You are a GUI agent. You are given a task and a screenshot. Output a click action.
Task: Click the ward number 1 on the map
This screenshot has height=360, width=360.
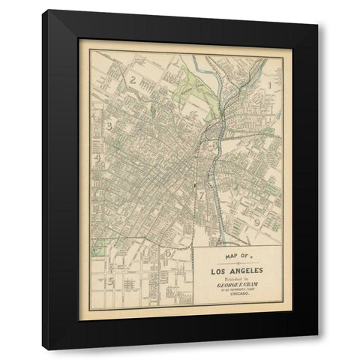tap(268, 86)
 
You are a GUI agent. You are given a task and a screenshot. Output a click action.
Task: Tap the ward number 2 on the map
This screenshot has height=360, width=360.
tap(133, 79)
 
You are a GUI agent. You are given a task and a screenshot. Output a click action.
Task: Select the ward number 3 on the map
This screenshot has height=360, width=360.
tap(109, 125)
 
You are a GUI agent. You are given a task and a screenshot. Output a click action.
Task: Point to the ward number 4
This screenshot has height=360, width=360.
tap(98, 157)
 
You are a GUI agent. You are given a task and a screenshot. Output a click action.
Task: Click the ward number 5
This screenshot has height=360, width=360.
tap(110, 281)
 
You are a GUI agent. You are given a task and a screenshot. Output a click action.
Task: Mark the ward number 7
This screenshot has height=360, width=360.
tap(201, 195)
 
